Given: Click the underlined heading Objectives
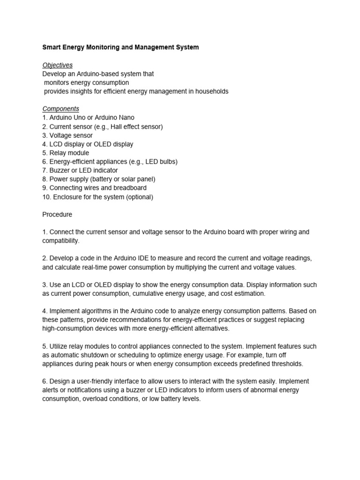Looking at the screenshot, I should [x=58, y=65].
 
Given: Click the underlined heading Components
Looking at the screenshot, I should [x=61, y=109].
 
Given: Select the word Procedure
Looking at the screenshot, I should [x=58, y=214].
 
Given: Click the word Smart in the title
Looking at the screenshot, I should [x=52, y=47].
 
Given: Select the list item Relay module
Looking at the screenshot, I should [x=66, y=153].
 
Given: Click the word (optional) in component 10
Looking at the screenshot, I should [x=138, y=197].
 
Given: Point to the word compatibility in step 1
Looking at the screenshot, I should [x=60, y=241].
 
